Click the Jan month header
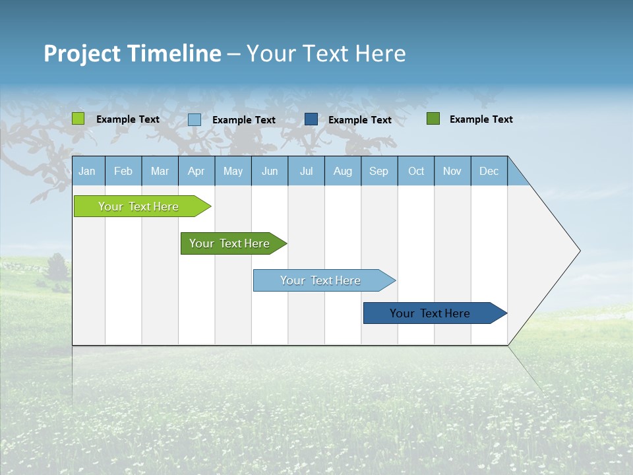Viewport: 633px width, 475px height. (88, 171)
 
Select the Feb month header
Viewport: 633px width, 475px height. (123, 171)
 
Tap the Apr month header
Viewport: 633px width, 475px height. (196, 171)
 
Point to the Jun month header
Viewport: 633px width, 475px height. (270, 171)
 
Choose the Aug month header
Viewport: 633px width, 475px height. (343, 171)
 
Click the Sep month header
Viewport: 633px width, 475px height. (379, 171)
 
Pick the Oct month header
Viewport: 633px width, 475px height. (416, 171)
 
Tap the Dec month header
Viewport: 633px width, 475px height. (489, 171)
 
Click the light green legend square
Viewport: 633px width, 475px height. (78, 119)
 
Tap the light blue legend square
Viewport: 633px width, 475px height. (195, 119)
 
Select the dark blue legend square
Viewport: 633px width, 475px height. (311, 119)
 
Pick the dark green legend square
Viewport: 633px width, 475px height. (433, 119)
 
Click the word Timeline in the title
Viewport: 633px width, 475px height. (175, 53)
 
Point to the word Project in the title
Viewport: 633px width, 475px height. (82, 53)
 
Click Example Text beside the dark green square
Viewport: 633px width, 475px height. (481, 119)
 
